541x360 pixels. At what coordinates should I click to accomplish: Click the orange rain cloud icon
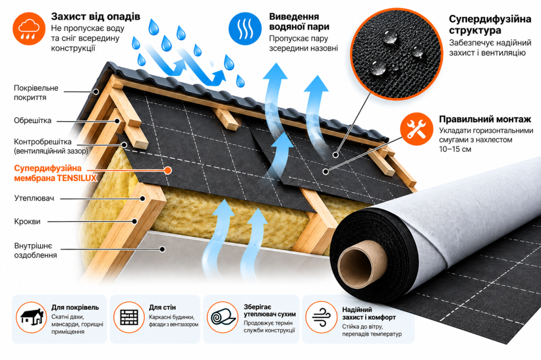[x=29, y=29]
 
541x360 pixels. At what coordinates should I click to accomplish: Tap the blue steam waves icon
[x=245, y=29]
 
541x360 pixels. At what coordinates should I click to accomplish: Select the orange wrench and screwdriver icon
[x=417, y=129]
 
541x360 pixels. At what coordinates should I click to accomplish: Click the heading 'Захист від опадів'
[x=96, y=16]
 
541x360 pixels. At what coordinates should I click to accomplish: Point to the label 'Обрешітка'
[x=32, y=121]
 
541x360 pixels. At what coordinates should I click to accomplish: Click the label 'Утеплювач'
[x=34, y=198]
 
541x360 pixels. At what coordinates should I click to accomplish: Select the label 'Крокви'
[x=27, y=222]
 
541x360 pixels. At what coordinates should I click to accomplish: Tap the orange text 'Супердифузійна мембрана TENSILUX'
[x=56, y=173]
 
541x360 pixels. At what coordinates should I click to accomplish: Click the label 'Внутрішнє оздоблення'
[x=36, y=250]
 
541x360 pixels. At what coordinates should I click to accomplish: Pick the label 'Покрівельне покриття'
[x=36, y=92]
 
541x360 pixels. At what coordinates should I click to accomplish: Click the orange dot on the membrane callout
[x=168, y=170]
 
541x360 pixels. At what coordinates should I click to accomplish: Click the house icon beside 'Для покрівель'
[x=31, y=317]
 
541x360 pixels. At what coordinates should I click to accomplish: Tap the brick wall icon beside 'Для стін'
[x=129, y=317]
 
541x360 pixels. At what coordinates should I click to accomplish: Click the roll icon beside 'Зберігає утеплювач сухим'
[x=223, y=317]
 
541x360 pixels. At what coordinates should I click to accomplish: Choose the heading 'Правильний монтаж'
[x=485, y=119]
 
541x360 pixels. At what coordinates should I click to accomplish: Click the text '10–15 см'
[x=455, y=149]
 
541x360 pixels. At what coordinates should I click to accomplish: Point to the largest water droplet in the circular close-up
[x=378, y=66]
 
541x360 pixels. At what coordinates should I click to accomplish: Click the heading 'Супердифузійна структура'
[x=490, y=24]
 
